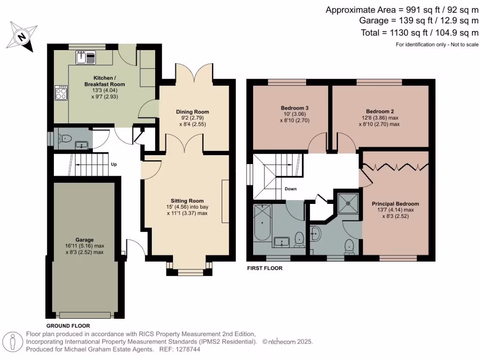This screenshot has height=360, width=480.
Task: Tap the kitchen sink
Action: pos(85,58)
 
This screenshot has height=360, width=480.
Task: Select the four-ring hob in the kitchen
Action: pos(61,92)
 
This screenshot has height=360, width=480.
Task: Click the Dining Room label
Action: pos(192,112)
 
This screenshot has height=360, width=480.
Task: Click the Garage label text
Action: pos(84,240)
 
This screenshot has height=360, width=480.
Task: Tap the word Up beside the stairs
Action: pos(113,165)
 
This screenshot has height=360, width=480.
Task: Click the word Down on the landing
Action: pos(291,189)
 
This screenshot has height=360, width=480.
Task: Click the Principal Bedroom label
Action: pos(395,204)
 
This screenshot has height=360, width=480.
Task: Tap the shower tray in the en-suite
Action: pos(347,202)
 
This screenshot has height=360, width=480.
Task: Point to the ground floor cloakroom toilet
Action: pos(65,138)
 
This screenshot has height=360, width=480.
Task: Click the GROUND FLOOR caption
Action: pos(68,325)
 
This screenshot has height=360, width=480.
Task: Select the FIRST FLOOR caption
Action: pos(264,269)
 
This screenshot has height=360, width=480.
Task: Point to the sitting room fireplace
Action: pos(225,201)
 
